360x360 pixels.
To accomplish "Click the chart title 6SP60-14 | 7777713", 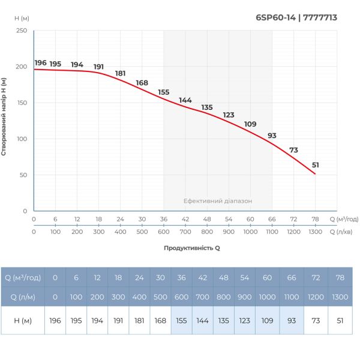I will (296, 17).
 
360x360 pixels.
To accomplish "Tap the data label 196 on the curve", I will (40, 63).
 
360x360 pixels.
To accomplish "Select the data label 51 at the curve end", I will (316, 165).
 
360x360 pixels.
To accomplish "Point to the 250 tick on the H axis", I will (22, 31).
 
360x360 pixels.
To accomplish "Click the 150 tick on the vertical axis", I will (22, 103).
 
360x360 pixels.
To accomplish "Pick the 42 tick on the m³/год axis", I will (185, 220).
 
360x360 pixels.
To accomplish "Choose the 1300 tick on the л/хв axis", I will (315, 232).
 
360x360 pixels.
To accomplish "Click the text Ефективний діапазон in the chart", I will (218, 201).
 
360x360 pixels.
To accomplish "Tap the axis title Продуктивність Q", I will (192, 247).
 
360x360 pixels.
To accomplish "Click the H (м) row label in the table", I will (23, 320).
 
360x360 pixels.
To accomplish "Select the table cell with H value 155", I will (181, 320).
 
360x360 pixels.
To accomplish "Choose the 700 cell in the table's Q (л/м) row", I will (203, 296).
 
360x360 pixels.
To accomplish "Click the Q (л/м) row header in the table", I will (23, 296).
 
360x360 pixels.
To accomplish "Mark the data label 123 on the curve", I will (229, 115).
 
